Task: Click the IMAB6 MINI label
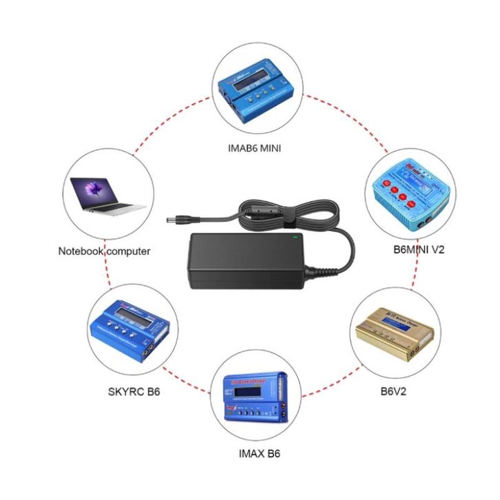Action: point(254,147)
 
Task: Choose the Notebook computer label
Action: point(103,251)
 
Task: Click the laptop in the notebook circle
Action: point(106,194)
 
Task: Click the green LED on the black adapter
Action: point(295,238)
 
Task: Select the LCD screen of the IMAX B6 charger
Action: point(247,393)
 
